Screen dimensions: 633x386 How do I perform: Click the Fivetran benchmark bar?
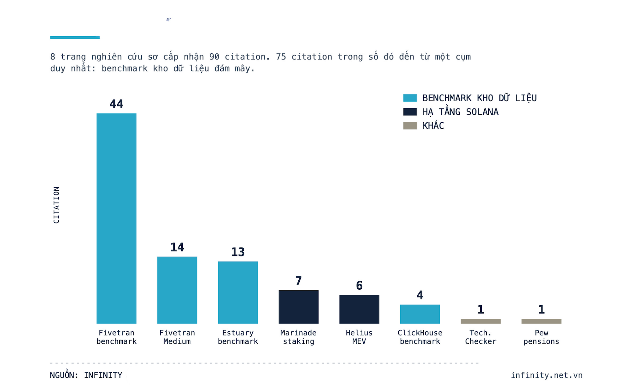[116, 218]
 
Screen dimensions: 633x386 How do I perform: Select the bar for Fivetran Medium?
[177, 290]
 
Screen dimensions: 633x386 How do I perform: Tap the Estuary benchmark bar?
[238, 292]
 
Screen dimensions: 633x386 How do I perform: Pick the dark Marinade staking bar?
[298, 307]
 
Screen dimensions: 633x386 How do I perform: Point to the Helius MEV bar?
[359, 309]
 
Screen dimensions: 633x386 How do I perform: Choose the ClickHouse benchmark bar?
[420, 314]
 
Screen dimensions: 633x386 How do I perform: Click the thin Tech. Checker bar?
[480, 321]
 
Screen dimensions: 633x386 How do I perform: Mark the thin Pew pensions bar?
[541, 321]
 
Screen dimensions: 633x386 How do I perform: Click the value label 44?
[116, 104]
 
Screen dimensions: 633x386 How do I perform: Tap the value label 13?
[238, 252]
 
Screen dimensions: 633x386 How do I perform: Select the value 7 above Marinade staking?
[298, 281]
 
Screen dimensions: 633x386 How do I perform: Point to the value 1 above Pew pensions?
[541, 310]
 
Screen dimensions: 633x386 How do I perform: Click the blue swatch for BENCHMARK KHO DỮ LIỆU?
[410, 98]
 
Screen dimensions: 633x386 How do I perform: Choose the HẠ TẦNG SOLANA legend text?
[460, 112]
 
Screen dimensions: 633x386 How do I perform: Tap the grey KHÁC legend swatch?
[410, 126]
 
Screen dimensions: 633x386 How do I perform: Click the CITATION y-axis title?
[56, 205]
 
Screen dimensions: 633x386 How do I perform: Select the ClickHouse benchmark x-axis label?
[420, 337]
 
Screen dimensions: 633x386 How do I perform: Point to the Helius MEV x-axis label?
[359, 337]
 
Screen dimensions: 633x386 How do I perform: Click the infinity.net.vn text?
[547, 375]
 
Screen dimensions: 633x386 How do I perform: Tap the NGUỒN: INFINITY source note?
[86, 375]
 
